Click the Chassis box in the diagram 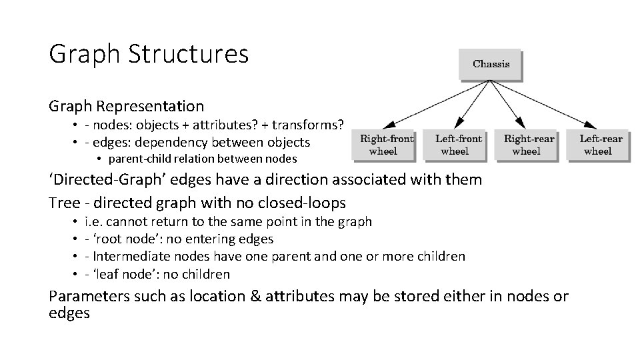pos(491,64)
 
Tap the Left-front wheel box pos(458,145)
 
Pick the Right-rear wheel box pos(529,145)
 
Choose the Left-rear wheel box pos(600,145)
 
